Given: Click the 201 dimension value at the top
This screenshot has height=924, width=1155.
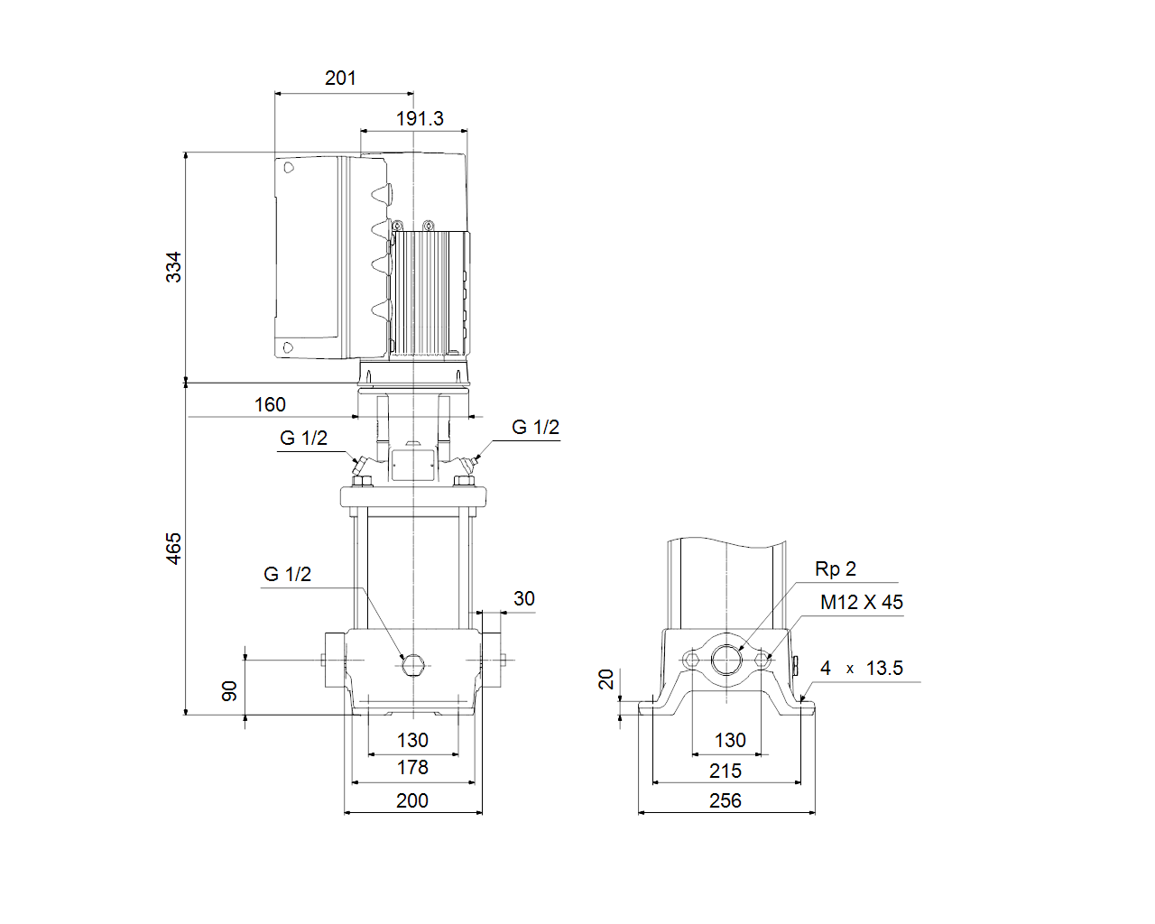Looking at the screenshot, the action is (340, 79).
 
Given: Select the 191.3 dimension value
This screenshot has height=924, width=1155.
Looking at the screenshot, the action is (420, 118).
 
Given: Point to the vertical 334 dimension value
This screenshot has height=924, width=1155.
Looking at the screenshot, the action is (173, 267).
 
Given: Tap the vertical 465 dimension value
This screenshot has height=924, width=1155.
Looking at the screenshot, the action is (173, 549).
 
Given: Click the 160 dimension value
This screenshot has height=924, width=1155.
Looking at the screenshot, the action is (270, 405).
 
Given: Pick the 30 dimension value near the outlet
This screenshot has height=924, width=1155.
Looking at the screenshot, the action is (524, 598).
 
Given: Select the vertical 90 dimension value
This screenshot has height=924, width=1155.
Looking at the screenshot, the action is (229, 691).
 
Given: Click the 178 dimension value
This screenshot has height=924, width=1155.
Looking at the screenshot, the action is (412, 768).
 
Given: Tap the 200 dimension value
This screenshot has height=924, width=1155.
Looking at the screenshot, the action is (412, 801).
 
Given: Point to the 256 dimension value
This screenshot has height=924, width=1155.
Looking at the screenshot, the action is (725, 801).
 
